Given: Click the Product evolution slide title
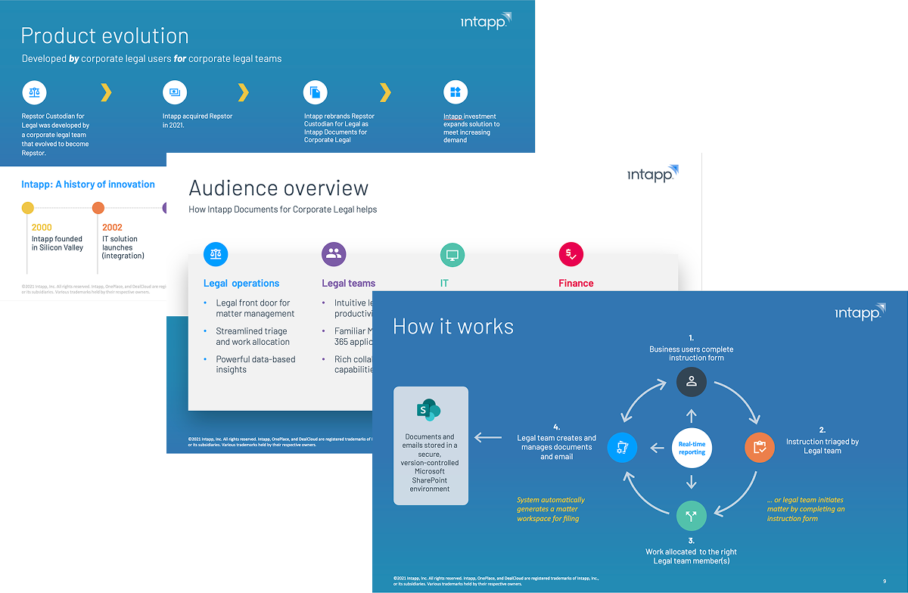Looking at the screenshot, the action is (104, 36).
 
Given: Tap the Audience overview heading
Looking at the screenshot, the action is (278, 188).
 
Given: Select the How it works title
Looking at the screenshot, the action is (453, 326).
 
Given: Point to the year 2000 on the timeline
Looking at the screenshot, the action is (42, 227).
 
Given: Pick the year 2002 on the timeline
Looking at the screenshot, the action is (112, 227).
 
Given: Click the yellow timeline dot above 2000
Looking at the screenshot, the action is (28, 207).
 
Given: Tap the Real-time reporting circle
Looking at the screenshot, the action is (692, 448).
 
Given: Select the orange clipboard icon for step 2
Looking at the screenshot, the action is (760, 447).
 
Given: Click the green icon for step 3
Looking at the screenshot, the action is (691, 517).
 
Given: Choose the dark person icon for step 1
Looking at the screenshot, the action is (691, 382).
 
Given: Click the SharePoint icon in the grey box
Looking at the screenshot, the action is (430, 411).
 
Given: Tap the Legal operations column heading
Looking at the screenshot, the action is (241, 284).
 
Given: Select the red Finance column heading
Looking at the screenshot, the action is (576, 284).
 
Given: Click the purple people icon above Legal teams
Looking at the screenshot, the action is (334, 254).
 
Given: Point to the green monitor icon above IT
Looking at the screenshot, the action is (452, 254).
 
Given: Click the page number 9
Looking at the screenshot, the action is (884, 581).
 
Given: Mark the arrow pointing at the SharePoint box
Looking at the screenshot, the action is (488, 436).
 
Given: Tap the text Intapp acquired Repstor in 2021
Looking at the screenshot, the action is (197, 120).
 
